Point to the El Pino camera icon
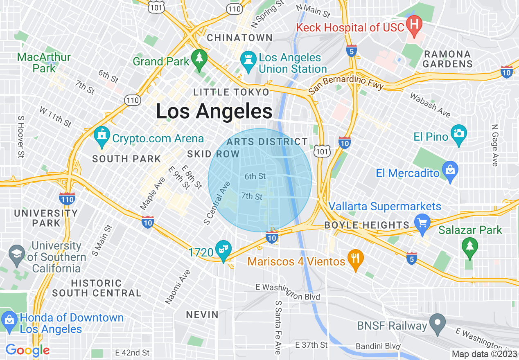(x=458, y=133)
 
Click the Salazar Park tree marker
(x=469, y=246)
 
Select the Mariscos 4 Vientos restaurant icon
(x=355, y=258)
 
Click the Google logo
(x=27, y=350)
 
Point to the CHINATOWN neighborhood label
(x=240, y=38)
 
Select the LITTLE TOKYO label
(x=231, y=92)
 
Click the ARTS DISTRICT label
(x=267, y=142)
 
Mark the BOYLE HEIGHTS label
(x=366, y=225)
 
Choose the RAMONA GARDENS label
(x=447, y=59)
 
